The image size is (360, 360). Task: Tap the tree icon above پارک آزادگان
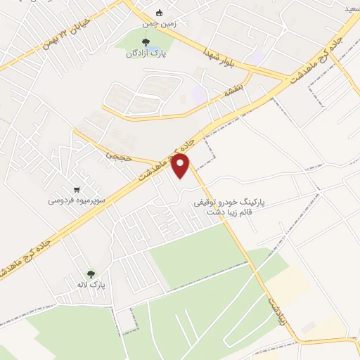(x=146, y=43)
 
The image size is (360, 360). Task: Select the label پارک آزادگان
(x=146, y=54)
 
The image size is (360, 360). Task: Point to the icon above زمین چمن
(x=160, y=12)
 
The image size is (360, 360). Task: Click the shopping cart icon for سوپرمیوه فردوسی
(x=77, y=189)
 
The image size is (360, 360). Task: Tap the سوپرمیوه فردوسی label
(x=77, y=200)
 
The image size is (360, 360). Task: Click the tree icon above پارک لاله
(x=91, y=274)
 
